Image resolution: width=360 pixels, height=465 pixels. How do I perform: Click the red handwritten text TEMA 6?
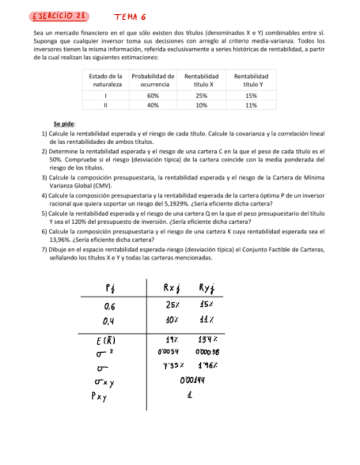130,18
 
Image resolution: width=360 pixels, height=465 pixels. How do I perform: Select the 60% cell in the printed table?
153,94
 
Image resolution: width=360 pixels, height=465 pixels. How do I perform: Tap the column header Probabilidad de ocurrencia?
153,80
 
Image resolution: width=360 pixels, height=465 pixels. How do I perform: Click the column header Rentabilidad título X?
201,80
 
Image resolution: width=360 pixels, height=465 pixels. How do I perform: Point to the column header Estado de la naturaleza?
105,80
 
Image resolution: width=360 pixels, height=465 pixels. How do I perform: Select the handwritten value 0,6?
113,306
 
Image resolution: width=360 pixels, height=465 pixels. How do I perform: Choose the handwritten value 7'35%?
174,365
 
